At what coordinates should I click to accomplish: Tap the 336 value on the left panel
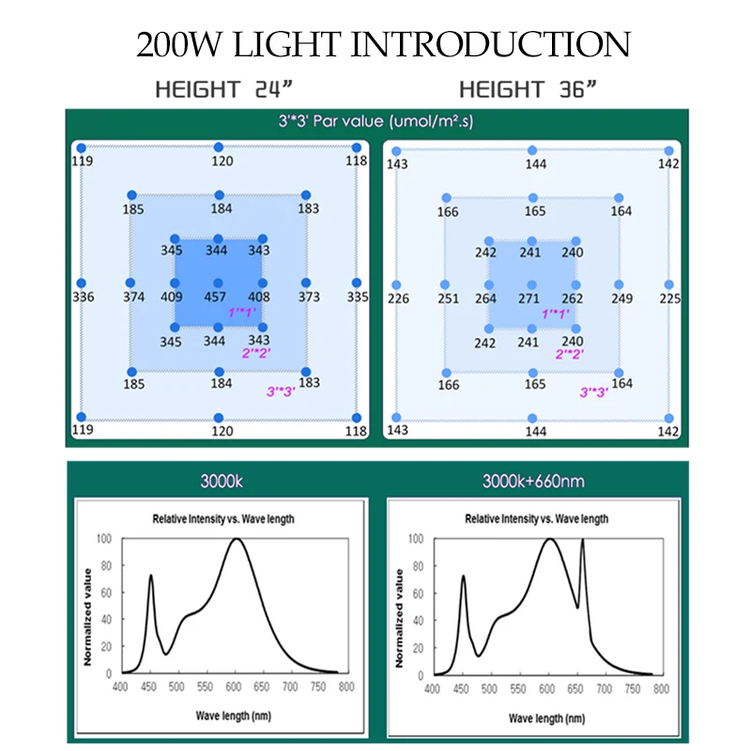click(x=83, y=298)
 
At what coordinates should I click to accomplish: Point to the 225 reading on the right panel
click(x=668, y=299)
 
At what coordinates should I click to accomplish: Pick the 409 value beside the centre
click(x=172, y=298)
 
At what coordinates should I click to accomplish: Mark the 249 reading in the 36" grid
click(x=622, y=299)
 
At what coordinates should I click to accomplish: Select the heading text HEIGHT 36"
click(x=529, y=90)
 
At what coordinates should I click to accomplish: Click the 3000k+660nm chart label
click(x=532, y=483)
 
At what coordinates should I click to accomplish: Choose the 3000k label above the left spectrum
click(x=222, y=483)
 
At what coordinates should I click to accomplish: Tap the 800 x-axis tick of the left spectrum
click(x=345, y=687)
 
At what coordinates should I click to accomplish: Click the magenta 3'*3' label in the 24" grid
click(x=281, y=390)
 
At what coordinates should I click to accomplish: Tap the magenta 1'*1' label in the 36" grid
click(x=556, y=314)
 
